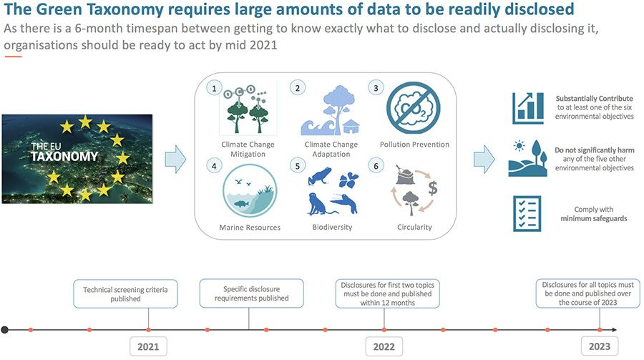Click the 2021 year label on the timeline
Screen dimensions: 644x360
(x=148, y=346)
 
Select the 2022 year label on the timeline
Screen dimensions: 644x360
(x=384, y=346)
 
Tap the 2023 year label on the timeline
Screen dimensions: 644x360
(x=600, y=346)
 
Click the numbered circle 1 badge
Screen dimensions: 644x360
(x=214, y=88)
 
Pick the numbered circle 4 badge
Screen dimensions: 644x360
(x=214, y=166)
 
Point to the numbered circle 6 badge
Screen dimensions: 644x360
(x=376, y=166)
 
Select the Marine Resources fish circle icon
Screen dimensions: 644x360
(x=250, y=190)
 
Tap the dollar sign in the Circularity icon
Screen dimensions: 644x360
(x=433, y=188)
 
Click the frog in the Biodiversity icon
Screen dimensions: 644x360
(x=320, y=176)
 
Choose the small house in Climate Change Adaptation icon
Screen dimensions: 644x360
(x=351, y=127)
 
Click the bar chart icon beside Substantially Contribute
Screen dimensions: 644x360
(x=528, y=108)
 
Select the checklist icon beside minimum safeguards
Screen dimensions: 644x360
(x=527, y=214)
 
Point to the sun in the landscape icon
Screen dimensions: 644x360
(x=519, y=146)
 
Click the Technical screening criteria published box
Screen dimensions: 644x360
(x=125, y=294)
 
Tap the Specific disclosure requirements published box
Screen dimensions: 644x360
(x=251, y=293)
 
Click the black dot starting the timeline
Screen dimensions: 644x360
(x=4, y=330)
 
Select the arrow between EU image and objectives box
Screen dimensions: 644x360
(x=175, y=159)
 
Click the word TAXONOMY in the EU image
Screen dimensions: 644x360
(x=64, y=157)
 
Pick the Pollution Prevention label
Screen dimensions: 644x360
(x=414, y=145)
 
